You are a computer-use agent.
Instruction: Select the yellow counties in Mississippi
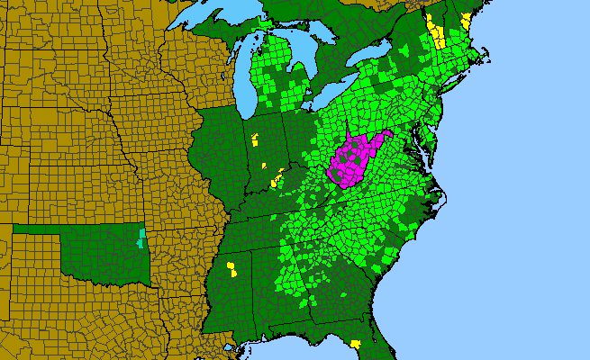pyautogui.click(x=232, y=268)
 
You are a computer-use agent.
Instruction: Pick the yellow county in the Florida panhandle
pyautogui.click(x=356, y=344)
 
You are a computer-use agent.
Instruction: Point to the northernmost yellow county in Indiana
pyautogui.click(x=256, y=139)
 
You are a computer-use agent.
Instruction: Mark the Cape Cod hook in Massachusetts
pyautogui.click(x=487, y=59)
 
